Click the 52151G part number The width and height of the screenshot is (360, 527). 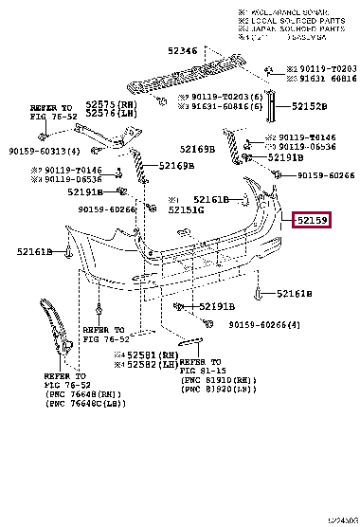tap(188, 209)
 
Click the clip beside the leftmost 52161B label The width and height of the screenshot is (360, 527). tap(69, 252)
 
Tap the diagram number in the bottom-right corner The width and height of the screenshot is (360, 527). tap(335, 520)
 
